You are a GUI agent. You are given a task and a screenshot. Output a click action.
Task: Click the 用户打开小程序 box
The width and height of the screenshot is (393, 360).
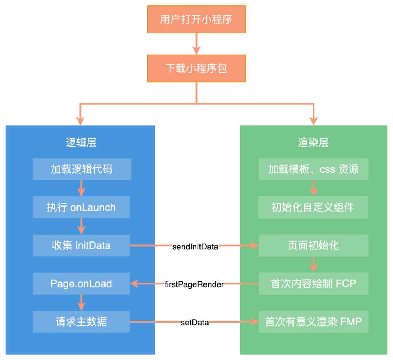[196, 19]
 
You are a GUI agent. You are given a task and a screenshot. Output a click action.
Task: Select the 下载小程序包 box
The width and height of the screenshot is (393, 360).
[196, 68]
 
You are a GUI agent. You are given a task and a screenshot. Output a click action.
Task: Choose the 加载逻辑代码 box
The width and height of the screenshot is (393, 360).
[81, 169]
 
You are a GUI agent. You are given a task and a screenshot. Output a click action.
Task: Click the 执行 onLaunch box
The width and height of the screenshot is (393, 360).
[81, 207]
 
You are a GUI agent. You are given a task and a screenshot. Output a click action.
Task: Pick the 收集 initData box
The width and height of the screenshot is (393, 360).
[81, 245]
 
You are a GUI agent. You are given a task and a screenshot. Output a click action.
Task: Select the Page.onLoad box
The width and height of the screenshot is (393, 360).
[81, 284]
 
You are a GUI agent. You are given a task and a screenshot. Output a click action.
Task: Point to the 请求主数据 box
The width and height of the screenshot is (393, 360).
[81, 322]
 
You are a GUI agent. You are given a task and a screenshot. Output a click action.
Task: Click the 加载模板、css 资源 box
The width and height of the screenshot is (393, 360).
[313, 169]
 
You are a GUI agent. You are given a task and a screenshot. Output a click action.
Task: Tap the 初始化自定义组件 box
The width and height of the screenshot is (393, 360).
[313, 207]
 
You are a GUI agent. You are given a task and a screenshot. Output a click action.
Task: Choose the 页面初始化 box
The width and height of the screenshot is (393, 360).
[313, 245]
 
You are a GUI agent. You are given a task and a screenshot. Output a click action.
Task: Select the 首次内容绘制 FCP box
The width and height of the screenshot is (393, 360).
[313, 284]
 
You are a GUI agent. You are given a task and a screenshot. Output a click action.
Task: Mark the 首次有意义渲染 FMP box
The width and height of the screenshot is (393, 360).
[313, 322]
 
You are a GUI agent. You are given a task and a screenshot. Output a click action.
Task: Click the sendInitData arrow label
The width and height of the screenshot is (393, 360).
[195, 247]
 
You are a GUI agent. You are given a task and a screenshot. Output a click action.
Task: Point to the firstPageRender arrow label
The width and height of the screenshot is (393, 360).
[194, 285]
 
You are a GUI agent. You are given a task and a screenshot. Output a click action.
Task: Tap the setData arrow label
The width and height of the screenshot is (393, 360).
[195, 323]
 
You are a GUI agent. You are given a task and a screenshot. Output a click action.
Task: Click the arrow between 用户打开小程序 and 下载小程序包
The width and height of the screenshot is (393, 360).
[196, 44]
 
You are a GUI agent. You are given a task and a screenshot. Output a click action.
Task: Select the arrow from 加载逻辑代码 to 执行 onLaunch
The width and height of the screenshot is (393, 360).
[81, 188]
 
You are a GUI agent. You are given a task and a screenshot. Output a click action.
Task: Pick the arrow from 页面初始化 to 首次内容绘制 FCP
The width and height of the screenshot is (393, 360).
[313, 264]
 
